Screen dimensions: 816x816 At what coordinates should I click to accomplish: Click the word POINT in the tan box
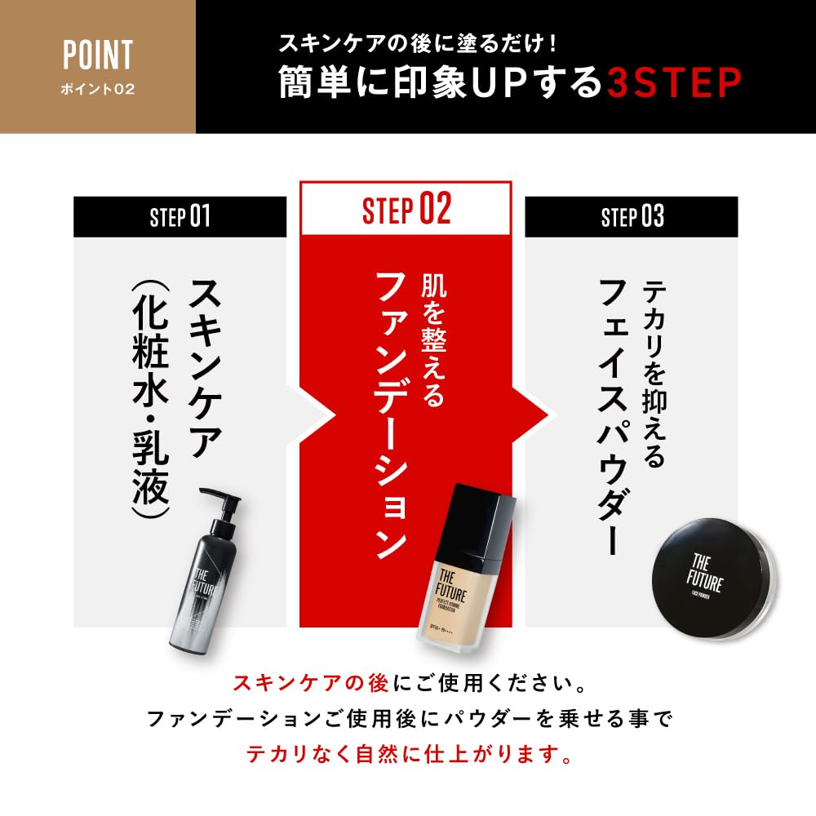(x=97, y=55)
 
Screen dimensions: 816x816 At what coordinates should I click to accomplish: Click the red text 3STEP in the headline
(x=672, y=82)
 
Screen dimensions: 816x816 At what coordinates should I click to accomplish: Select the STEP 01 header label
(x=180, y=217)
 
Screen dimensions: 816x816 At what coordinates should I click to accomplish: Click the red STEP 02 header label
(x=406, y=211)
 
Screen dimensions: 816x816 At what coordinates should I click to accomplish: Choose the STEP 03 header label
(x=632, y=217)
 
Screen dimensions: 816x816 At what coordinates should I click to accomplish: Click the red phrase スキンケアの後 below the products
(x=295, y=682)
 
